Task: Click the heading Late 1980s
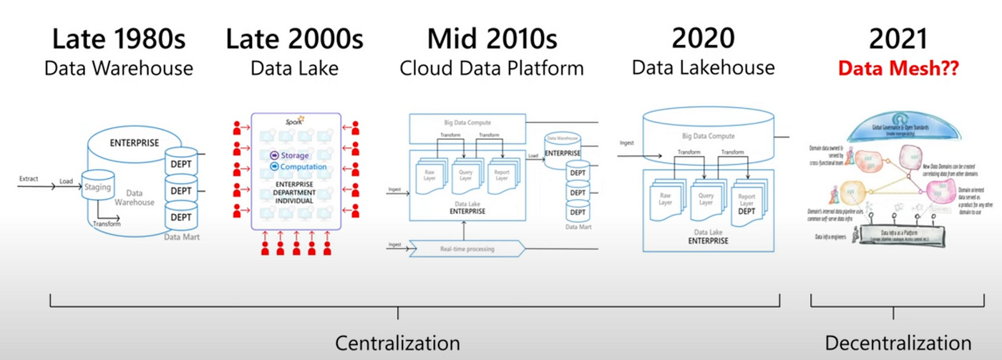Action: (x=119, y=39)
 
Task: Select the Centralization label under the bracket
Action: (x=397, y=342)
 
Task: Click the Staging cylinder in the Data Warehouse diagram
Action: (x=98, y=188)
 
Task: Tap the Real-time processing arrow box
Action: (x=465, y=248)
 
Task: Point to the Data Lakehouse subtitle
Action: (x=703, y=68)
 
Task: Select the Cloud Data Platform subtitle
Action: (x=492, y=68)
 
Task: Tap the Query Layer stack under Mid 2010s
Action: (x=464, y=176)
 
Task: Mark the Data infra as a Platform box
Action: (x=904, y=233)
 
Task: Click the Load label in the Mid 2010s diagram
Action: (x=532, y=155)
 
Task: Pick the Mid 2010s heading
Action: (x=492, y=39)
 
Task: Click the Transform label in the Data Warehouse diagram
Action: (x=106, y=223)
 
